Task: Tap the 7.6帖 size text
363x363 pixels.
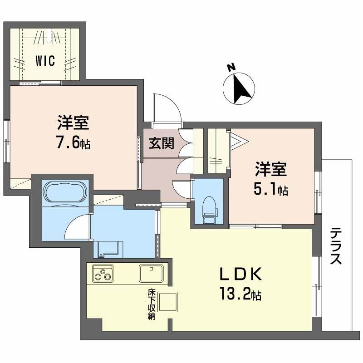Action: (x=73, y=144)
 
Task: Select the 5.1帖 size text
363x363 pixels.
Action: (x=270, y=191)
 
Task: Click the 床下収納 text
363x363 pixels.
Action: (x=151, y=304)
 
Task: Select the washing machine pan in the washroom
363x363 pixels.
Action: (x=108, y=248)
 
